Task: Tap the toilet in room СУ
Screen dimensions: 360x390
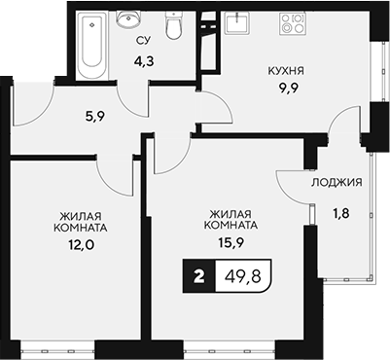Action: (x=174, y=29)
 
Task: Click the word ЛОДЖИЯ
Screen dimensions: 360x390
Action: (x=337, y=182)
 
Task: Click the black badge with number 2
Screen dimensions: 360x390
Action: (x=199, y=276)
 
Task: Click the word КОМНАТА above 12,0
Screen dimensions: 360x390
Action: (x=81, y=230)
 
